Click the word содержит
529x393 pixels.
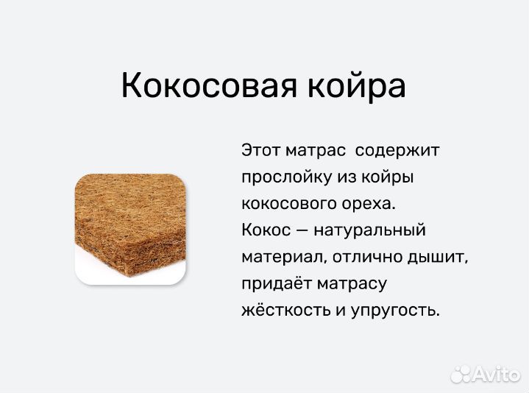(397, 150)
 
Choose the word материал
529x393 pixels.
(283, 257)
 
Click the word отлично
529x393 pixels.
(363, 257)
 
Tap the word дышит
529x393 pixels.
(437, 257)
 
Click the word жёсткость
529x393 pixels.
(283, 310)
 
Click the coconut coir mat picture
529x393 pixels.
(129, 229)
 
